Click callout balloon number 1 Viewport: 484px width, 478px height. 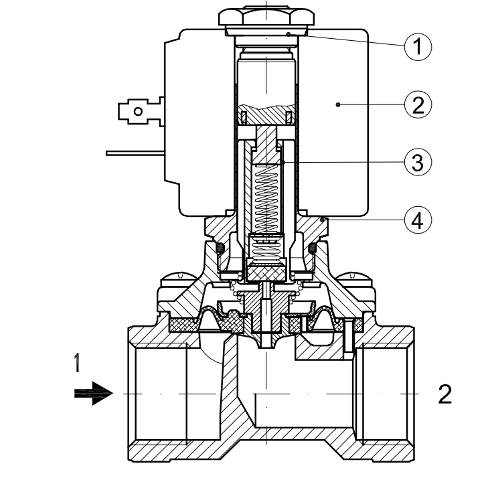click(418, 47)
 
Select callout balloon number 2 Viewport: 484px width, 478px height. click(418, 104)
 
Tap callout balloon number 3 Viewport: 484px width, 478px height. click(418, 162)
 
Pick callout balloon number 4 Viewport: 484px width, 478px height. click(418, 220)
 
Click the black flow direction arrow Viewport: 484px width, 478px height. click(94, 394)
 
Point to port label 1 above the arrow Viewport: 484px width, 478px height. click(77, 363)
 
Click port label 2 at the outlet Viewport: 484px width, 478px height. click(445, 394)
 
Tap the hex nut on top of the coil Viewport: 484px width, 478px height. click(266, 16)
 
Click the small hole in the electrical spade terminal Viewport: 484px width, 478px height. click(138, 111)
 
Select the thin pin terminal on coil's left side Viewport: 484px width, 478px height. click(135, 153)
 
